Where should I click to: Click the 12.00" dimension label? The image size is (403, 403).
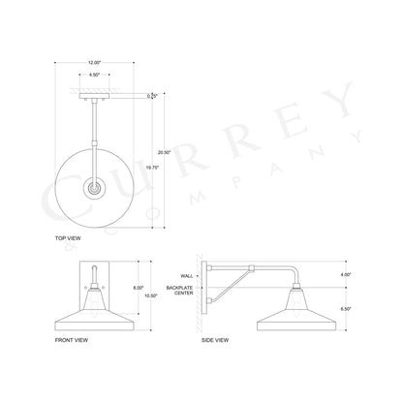93,61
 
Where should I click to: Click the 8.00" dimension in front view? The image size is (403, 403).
139,287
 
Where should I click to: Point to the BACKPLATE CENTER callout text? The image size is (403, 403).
182,292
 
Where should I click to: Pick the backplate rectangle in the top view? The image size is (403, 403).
93,96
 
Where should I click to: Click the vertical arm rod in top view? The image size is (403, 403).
95,136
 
